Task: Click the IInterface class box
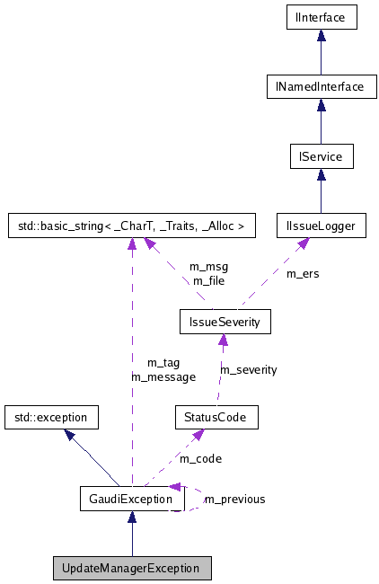[321, 16]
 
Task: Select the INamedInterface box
[321, 86]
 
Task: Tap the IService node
[321, 156]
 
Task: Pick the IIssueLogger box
[321, 226]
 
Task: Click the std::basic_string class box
[132, 226]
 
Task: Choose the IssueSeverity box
[225, 321]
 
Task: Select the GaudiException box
[132, 499]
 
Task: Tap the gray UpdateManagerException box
[132, 569]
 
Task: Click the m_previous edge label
[235, 500]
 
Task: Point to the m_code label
[200, 459]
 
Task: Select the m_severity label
[249, 369]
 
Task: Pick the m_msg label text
[208, 267]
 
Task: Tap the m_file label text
[208, 280]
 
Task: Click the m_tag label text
[163, 363]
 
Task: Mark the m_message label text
[163, 376]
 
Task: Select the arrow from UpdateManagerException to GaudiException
[132, 536]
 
